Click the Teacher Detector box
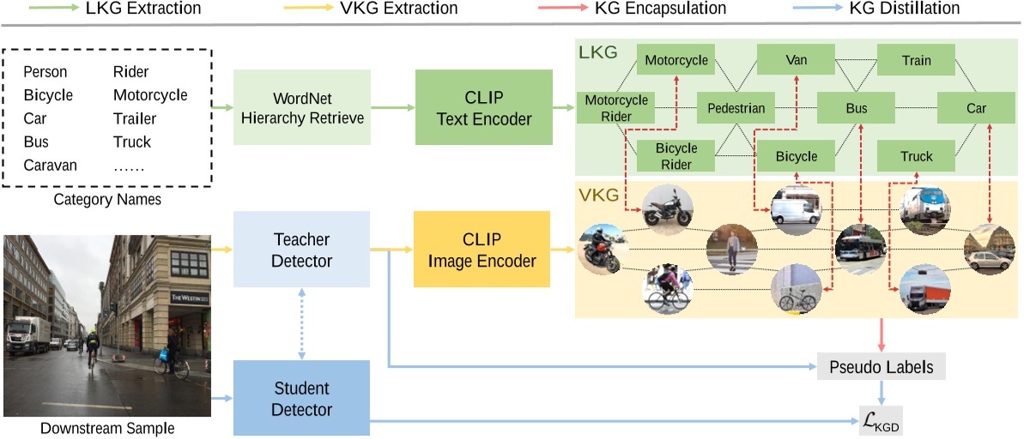click(x=302, y=250)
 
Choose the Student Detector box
click(x=302, y=397)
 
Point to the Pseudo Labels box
click(x=882, y=367)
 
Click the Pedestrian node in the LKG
click(x=736, y=108)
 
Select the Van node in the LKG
click(x=796, y=61)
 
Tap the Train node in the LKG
click(x=916, y=61)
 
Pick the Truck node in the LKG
click(x=916, y=157)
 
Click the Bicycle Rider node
click(x=676, y=157)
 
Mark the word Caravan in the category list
click(x=51, y=165)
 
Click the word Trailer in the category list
click(x=135, y=118)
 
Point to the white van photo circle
click(x=796, y=210)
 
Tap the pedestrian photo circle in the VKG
click(x=732, y=250)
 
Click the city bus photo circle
click(x=861, y=250)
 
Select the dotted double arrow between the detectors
click(x=302, y=323)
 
